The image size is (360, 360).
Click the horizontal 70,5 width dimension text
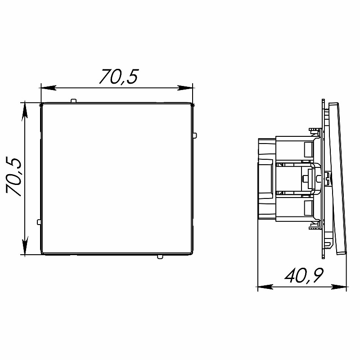click(119, 76)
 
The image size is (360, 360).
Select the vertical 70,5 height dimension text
click(14, 177)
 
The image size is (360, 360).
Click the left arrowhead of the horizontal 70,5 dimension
click(48, 88)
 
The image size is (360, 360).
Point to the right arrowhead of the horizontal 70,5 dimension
click(185, 88)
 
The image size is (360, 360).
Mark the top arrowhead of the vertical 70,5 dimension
click(25, 111)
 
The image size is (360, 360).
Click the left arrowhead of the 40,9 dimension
click(265, 287)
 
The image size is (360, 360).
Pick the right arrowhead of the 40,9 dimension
click(339, 287)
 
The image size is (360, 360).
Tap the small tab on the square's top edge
click(73, 100)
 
